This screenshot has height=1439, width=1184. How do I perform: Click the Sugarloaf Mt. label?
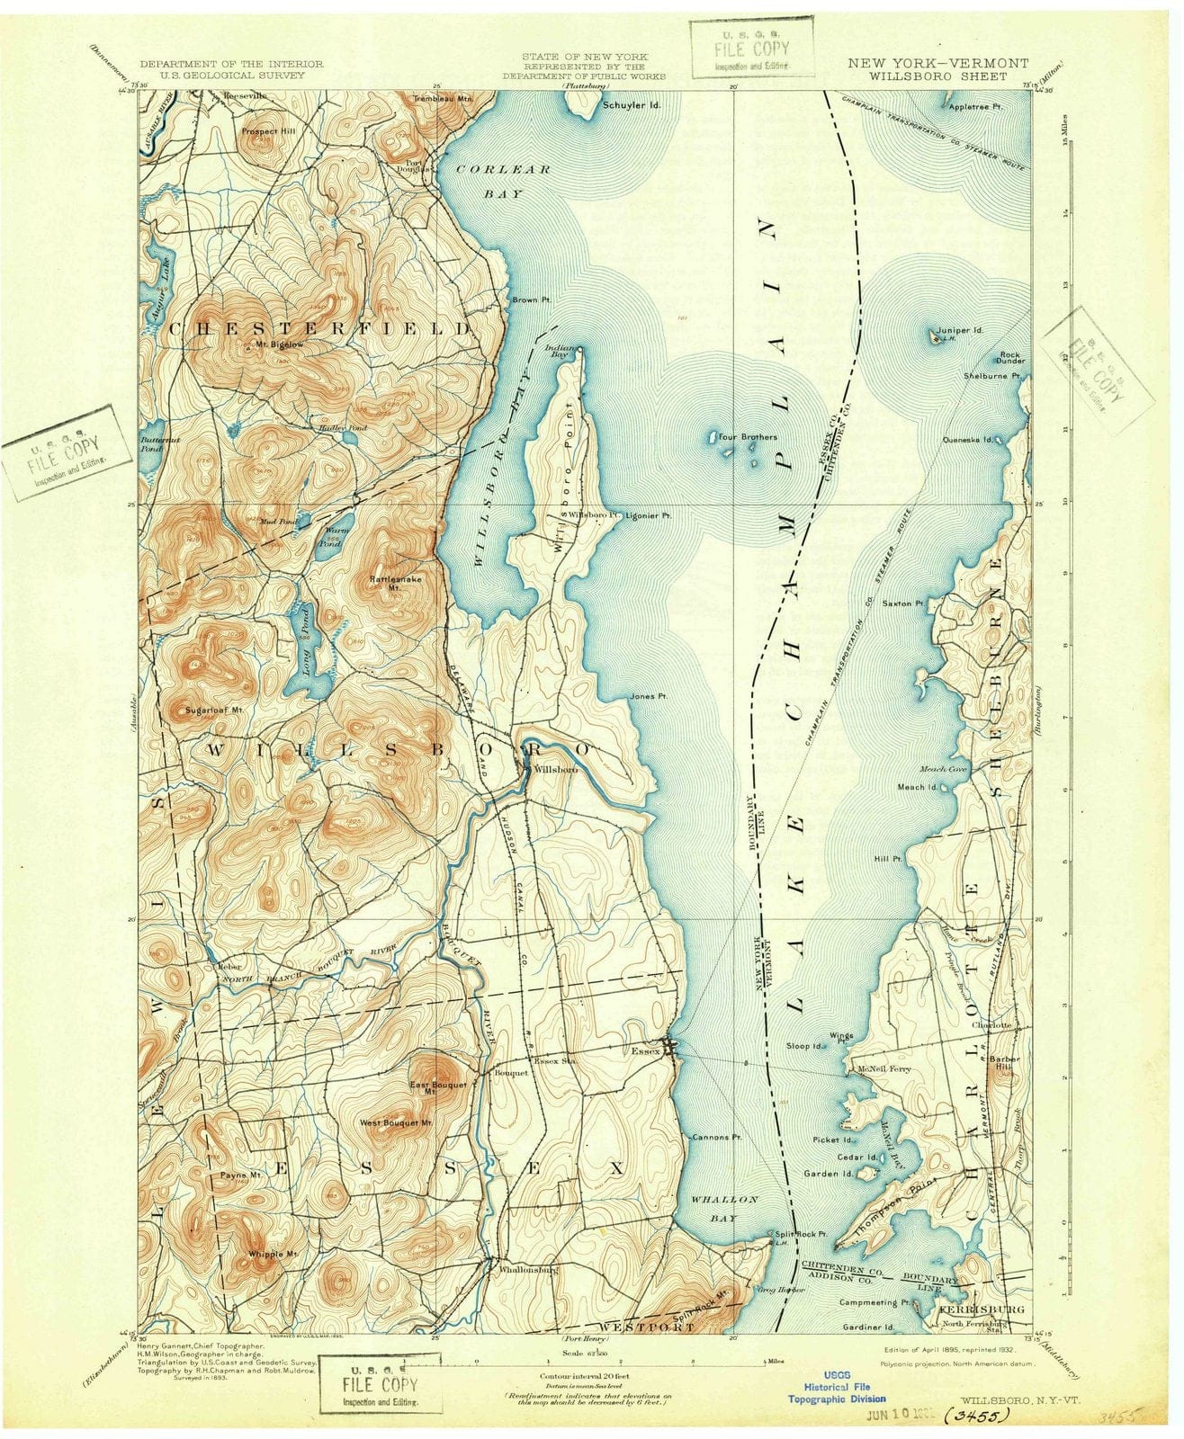click(214, 710)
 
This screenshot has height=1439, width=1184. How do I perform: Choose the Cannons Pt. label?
click(717, 1137)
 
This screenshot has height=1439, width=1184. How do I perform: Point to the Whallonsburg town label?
click(524, 1270)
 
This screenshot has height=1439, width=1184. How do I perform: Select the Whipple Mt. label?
click(271, 1253)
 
